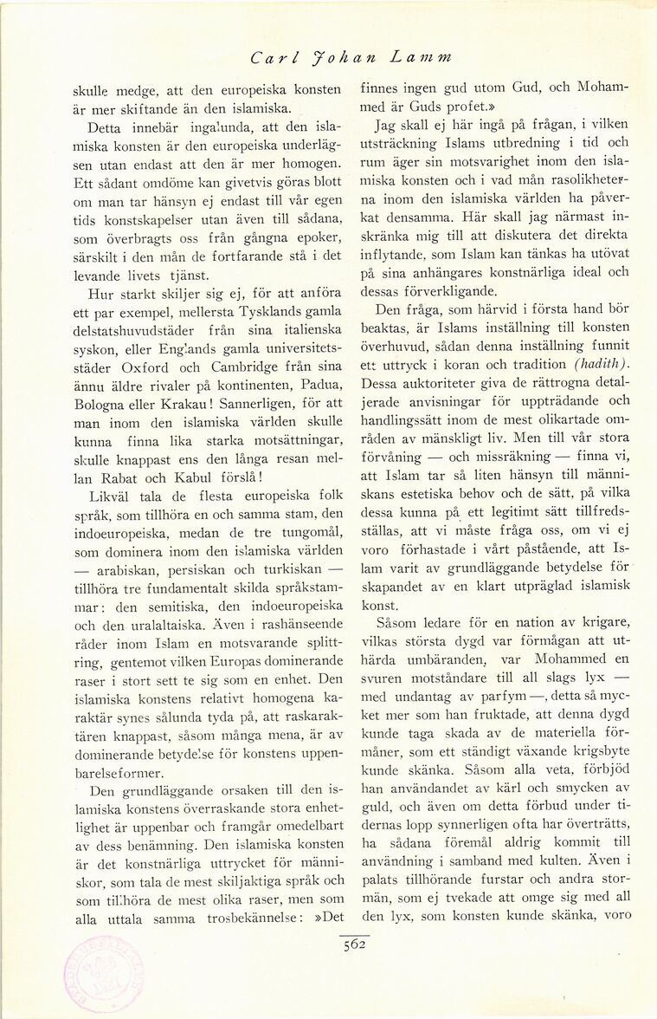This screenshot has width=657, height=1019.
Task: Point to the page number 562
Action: pos(354,945)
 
